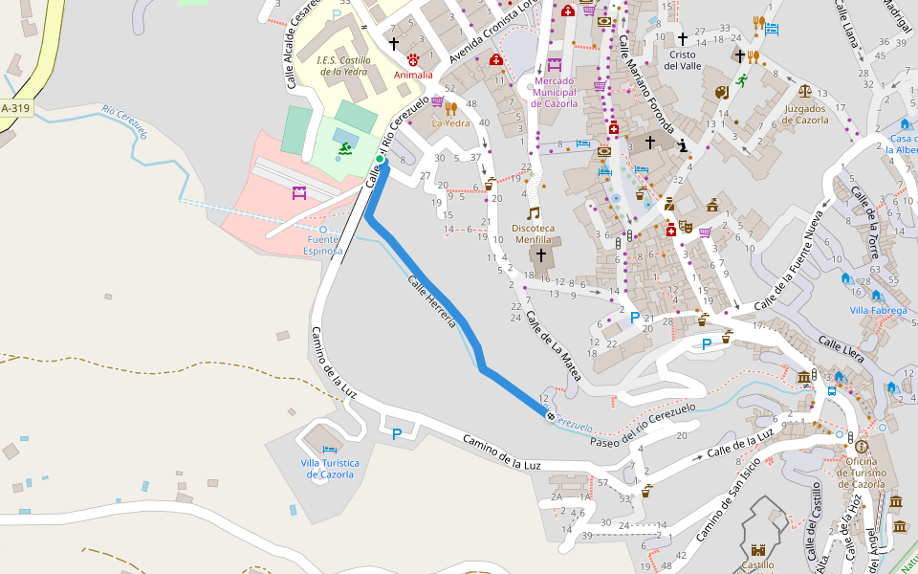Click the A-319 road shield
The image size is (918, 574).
pyautogui.click(x=15, y=109)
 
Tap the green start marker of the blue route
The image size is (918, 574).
pyautogui.click(x=380, y=160)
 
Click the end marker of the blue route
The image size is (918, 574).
pyautogui.click(x=550, y=415)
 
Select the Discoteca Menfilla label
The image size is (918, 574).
pyautogui.click(x=540, y=233)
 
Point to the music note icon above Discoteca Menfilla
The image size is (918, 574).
pyautogui.click(x=533, y=212)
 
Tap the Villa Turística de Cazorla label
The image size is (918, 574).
pyautogui.click(x=329, y=469)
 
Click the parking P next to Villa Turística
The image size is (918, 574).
pyautogui.click(x=397, y=434)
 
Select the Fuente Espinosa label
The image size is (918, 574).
pyautogui.click(x=322, y=245)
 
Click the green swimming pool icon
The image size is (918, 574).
pyautogui.click(x=342, y=148)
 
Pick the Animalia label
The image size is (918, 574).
pyautogui.click(x=413, y=75)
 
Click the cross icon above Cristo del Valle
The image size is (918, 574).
pyautogui.click(x=682, y=39)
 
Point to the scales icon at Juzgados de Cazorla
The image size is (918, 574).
pyautogui.click(x=805, y=92)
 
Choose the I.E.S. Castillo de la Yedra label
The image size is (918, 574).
pyautogui.click(x=343, y=64)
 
